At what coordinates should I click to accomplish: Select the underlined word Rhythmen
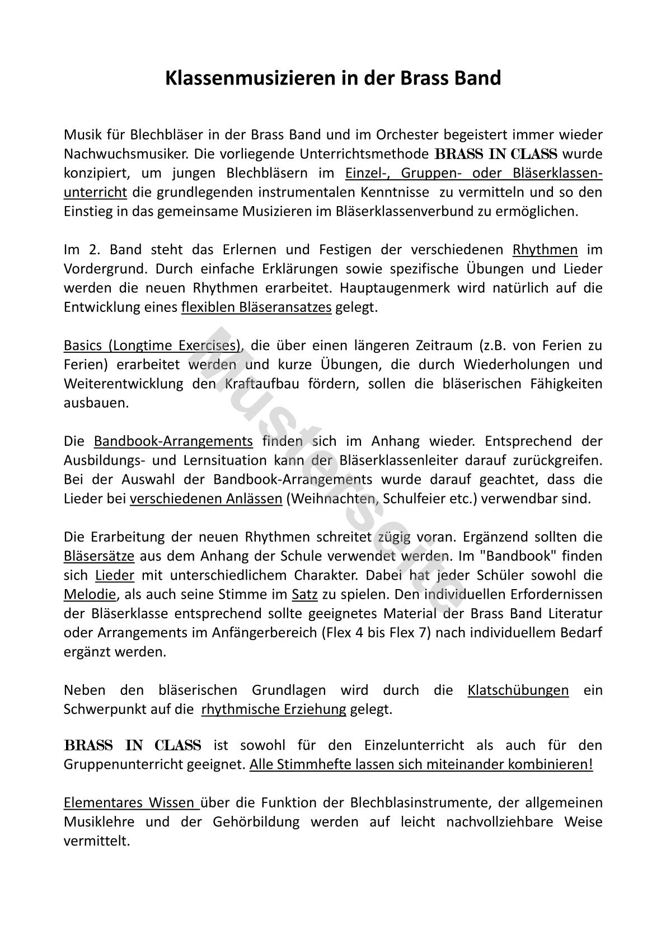click(545, 249)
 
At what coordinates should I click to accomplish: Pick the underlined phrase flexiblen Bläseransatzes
click(256, 307)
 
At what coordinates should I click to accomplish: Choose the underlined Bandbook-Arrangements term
click(173, 441)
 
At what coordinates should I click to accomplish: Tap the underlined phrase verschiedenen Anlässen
click(206, 498)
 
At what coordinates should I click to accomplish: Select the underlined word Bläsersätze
click(99, 556)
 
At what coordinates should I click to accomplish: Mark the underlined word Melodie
click(90, 594)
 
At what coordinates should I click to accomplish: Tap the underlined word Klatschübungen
click(518, 690)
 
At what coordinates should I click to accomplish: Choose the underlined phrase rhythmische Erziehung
click(274, 709)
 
